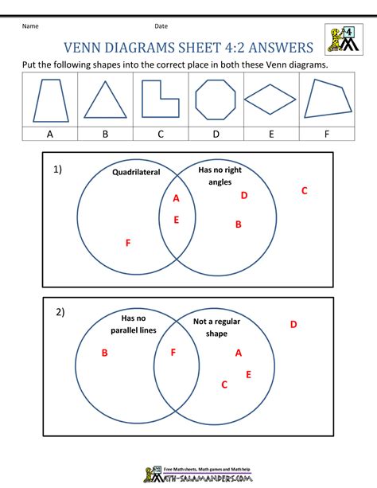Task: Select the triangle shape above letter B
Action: pos(104,101)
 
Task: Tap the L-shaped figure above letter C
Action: pos(159,100)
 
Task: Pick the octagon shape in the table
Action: pos(215,100)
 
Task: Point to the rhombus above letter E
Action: pos(270,100)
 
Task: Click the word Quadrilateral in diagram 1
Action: pos(136,171)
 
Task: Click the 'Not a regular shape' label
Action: pos(216,327)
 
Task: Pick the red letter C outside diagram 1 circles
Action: pos(304,190)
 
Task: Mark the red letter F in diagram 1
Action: pos(128,243)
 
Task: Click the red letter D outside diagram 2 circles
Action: pos(293,324)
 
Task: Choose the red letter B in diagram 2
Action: pos(104,353)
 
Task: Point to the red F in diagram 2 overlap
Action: pos(173,352)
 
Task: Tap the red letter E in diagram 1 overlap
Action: pos(176,220)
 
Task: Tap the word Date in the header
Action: pos(161,26)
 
